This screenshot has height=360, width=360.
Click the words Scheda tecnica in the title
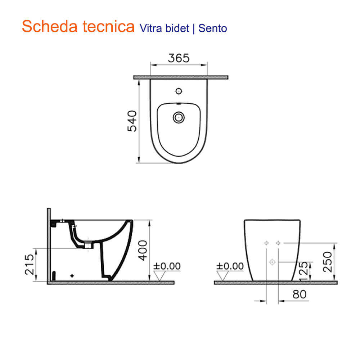[78, 26]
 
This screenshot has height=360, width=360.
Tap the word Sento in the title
[213, 28]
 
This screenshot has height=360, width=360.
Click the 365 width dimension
[179, 58]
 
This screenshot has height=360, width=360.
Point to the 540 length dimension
[132, 121]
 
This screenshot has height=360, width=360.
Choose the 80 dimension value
[300, 294]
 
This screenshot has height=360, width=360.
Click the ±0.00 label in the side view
[167, 266]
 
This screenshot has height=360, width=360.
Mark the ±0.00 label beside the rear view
[230, 266]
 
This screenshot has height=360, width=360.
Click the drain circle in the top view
[179, 117]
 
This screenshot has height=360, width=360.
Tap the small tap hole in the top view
[178, 91]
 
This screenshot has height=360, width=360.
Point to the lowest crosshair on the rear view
[272, 262]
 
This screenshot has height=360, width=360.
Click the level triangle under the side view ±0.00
[159, 276]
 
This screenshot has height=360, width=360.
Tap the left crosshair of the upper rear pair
[266, 243]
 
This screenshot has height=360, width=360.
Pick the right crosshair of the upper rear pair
[278, 243]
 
